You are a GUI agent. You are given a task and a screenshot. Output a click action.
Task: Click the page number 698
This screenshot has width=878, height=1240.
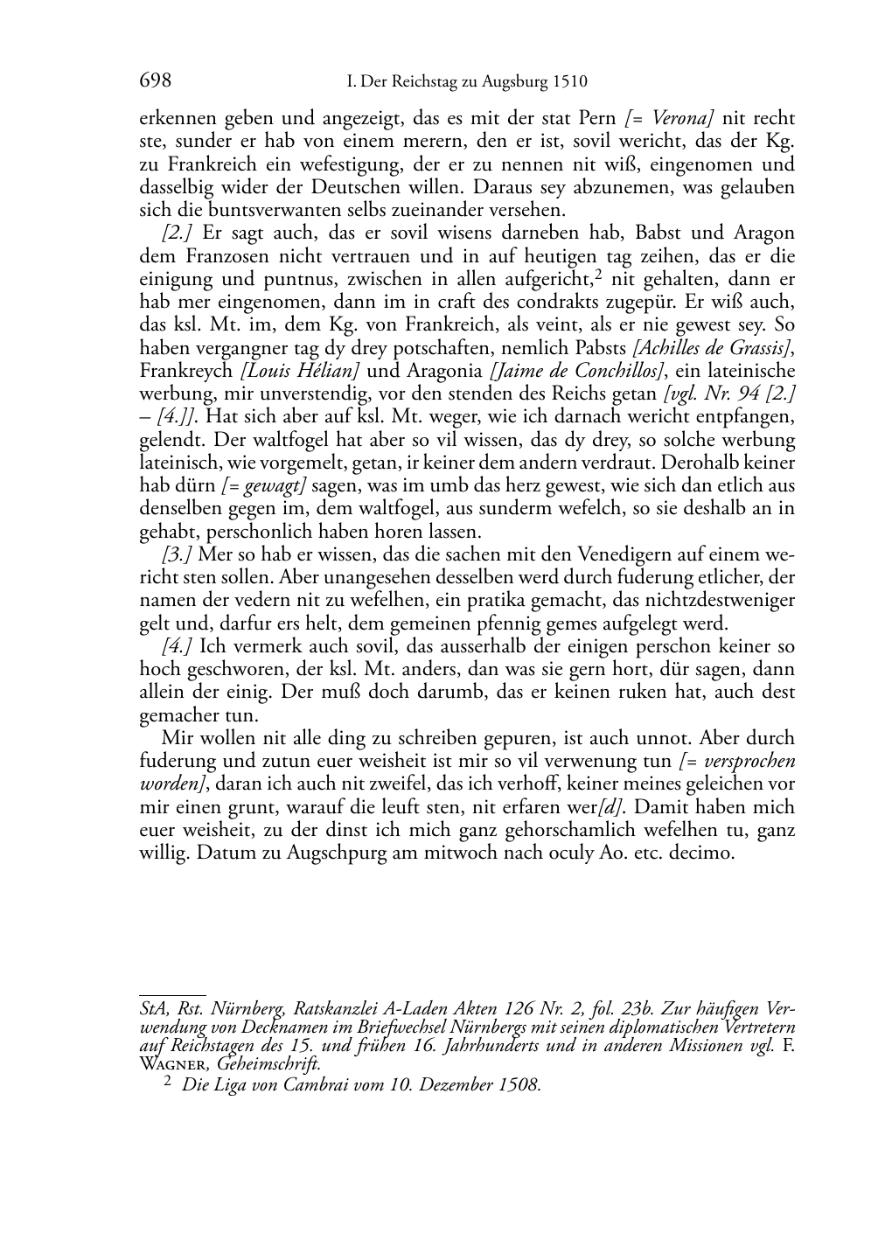[155, 81]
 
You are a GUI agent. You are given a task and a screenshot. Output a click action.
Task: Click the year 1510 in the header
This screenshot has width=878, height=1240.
[569, 82]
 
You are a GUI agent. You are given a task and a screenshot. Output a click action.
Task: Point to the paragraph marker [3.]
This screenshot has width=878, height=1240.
[178, 554]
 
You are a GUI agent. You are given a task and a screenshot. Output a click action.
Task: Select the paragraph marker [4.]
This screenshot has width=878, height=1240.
[178, 646]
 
